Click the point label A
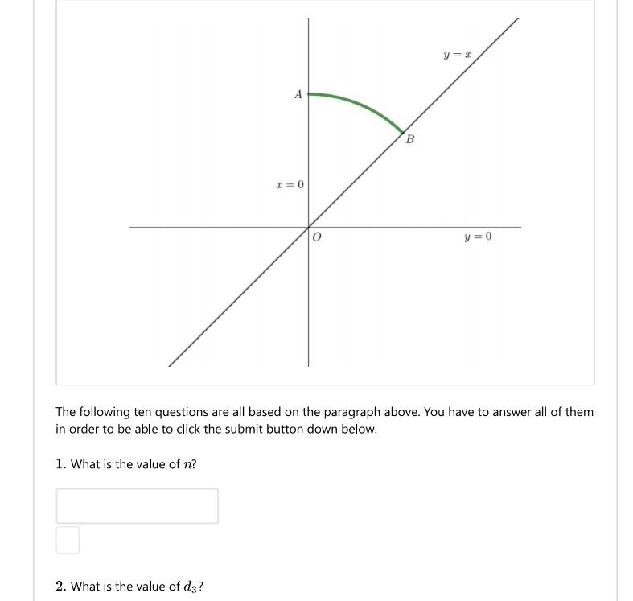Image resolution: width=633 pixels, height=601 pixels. coord(298,95)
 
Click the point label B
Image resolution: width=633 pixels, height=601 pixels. coord(410,140)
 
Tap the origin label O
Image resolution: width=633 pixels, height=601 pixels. coord(317,238)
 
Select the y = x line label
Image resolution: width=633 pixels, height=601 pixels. coord(456,56)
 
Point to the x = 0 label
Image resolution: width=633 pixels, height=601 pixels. coord(290,185)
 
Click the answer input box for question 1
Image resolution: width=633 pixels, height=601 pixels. coord(137,505)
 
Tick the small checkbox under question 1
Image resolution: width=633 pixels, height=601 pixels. coord(68,540)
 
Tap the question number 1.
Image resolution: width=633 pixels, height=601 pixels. coord(60,464)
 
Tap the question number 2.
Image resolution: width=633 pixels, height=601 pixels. coord(60,587)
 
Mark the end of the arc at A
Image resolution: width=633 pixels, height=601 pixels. coord(310,94)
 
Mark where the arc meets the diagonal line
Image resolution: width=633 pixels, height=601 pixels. coord(402,132)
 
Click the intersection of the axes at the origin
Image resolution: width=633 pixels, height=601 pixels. coord(308,227)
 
